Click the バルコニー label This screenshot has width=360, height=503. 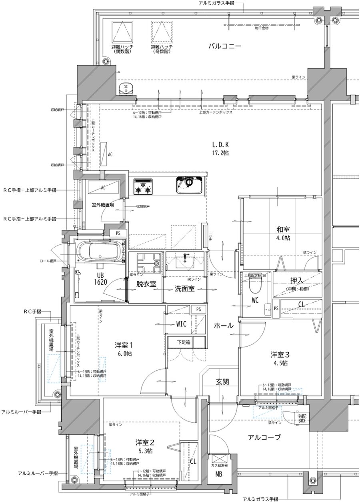pos(224,46)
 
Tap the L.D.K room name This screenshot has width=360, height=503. pos(220,145)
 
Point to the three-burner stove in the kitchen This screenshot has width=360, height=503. pos(143,186)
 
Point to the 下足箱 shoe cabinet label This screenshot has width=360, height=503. pos(186,342)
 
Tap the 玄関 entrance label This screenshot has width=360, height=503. pos(223,382)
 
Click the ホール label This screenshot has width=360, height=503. pos(223,325)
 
